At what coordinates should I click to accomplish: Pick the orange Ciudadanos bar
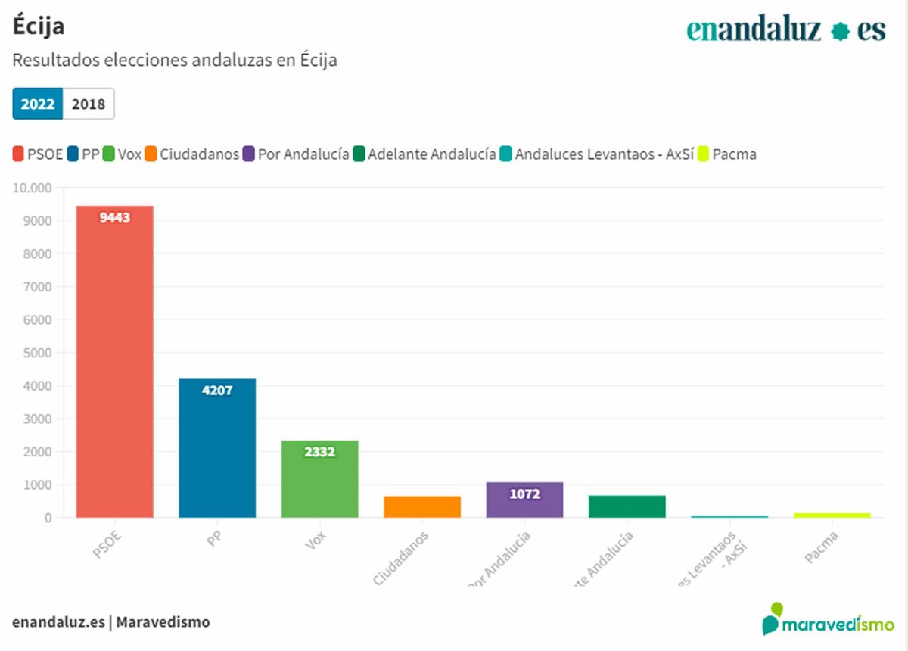422,506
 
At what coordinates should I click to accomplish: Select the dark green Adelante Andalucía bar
627,506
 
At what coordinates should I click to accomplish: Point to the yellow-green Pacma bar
832,516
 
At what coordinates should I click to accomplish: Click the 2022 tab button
38,104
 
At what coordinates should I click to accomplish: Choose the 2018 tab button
89,104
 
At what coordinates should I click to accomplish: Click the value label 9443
115,218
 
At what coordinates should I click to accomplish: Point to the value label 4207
217,391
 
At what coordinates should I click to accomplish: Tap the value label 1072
524,494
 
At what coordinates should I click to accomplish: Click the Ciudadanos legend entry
192,154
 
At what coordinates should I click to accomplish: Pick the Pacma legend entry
726,154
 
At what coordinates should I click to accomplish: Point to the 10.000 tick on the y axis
32,188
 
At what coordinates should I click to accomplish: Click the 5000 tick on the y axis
37,353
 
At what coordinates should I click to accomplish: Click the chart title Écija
39,26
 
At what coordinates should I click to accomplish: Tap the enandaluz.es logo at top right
785,30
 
